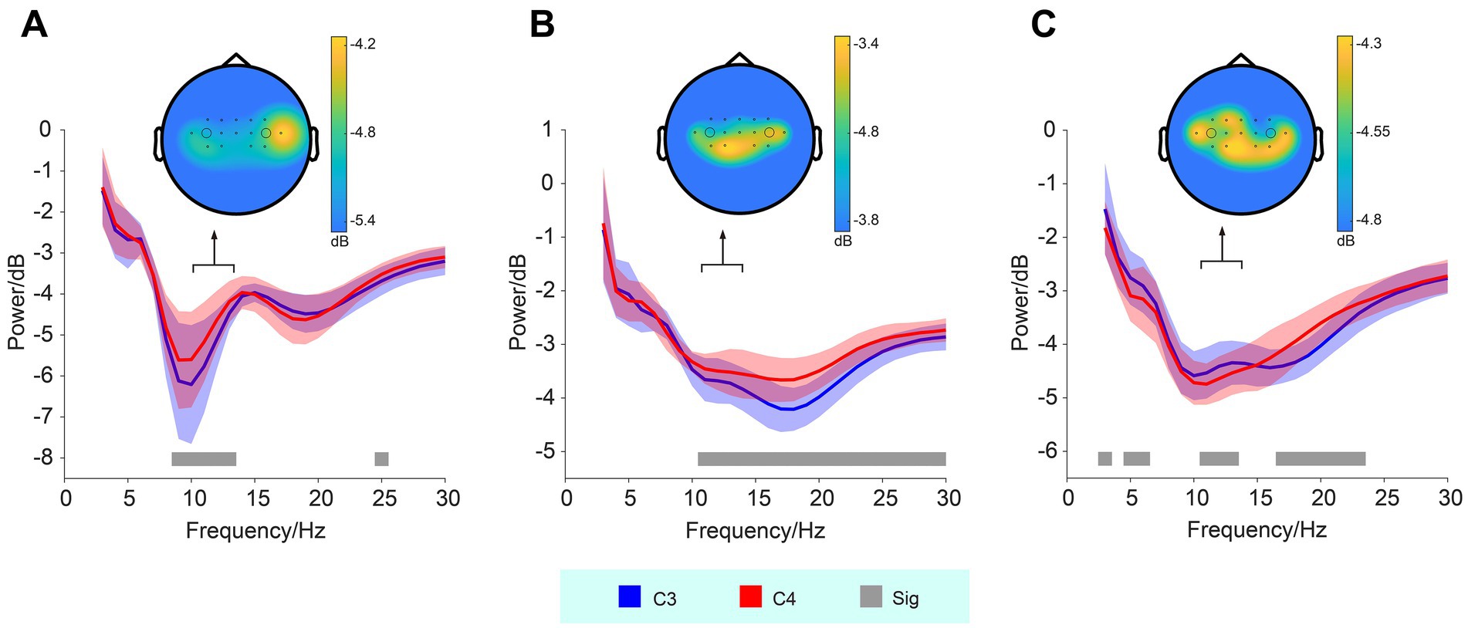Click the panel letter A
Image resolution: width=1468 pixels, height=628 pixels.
35,25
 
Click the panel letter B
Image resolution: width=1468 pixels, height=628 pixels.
542,25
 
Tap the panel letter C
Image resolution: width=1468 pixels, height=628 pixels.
1043,25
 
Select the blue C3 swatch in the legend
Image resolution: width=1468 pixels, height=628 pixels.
630,597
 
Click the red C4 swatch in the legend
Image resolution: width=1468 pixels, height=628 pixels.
750,597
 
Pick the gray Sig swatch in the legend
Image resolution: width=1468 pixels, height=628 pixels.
871,597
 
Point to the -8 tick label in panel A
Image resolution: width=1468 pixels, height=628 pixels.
45,458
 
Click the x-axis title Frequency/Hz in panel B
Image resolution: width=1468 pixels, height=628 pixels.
755,531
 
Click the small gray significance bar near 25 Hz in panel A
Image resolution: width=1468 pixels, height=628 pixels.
381,459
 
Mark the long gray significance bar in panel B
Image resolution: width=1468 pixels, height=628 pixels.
821,459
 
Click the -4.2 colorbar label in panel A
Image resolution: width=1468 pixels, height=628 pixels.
363,44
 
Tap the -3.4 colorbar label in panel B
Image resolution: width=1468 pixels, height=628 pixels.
865,44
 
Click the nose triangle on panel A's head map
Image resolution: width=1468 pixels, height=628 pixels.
236,59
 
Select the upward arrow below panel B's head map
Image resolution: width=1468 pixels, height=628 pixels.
722,247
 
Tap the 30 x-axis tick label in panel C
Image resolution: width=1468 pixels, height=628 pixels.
1449,498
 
